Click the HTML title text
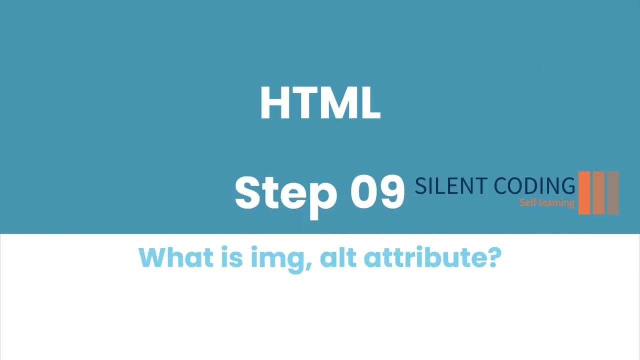coord(320,103)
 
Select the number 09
coord(377,192)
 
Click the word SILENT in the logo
coord(450,186)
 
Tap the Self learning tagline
coord(546,202)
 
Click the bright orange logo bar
coord(584,193)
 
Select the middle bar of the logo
coord(598,193)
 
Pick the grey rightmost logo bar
coord(613,193)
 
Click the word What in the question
coord(169,257)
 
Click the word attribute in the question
coord(424,257)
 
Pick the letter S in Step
coord(248,193)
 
